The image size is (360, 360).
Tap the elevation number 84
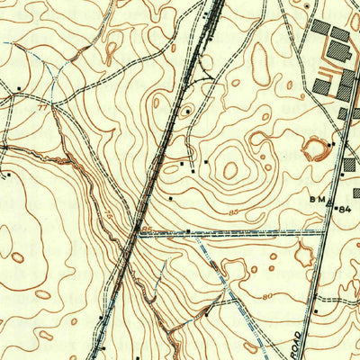tap(345, 209)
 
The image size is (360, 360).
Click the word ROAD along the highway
tap(301, 342)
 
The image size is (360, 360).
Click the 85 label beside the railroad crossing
tap(148, 231)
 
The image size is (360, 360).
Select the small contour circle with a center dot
tap(186, 112)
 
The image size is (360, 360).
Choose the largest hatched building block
tap(322, 27)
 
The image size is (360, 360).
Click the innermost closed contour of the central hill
tap(230, 169)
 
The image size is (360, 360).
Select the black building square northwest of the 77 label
tap(19, 87)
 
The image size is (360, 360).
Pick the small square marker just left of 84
tap(335, 207)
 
